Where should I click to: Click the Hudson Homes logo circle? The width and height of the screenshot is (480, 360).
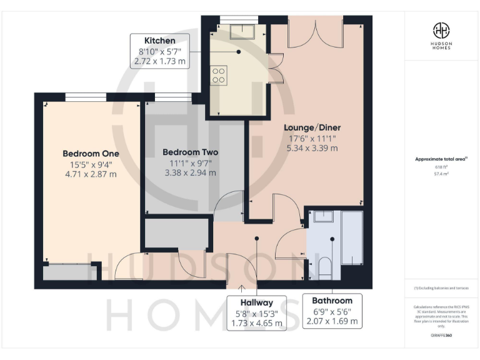[441, 30]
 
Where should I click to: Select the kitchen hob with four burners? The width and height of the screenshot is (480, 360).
[219, 76]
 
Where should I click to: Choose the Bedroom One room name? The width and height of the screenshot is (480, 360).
[91, 153]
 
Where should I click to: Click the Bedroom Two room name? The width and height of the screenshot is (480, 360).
[190, 152]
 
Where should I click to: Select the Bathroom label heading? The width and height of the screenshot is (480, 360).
[332, 301]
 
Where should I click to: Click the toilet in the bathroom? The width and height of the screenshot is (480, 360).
[324, 267]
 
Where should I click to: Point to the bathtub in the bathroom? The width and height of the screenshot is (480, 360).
[352, 237]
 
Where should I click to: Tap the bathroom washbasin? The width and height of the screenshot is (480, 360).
[324, 217]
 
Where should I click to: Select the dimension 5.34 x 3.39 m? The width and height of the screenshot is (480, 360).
[312, 148]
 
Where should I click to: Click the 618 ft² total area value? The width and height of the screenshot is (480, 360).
[441, 167]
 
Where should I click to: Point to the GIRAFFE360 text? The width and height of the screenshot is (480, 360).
[441, 336]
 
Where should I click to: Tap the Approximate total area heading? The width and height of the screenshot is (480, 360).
[441, 159]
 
